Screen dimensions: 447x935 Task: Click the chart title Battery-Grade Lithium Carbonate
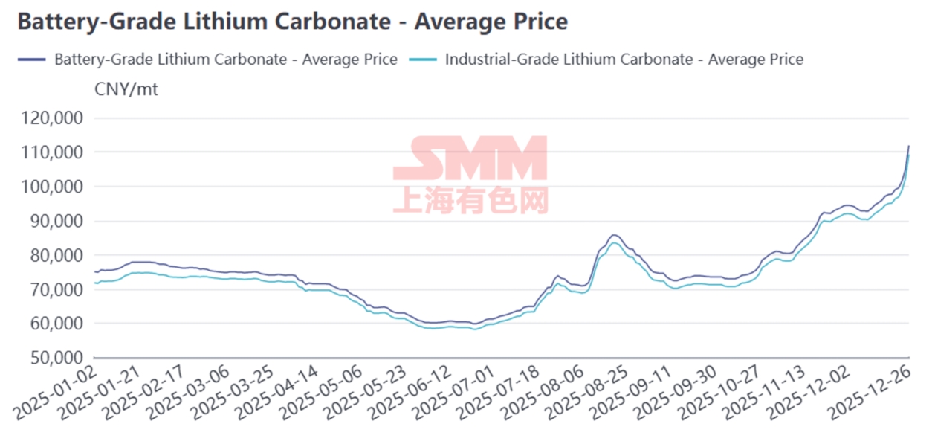[292, 22]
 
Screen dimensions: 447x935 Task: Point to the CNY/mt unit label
[126, 90]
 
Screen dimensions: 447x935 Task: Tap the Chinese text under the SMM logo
[470, 199]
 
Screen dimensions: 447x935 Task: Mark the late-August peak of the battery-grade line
[614, 235]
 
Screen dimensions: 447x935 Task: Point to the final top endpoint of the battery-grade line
[908, 146]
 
